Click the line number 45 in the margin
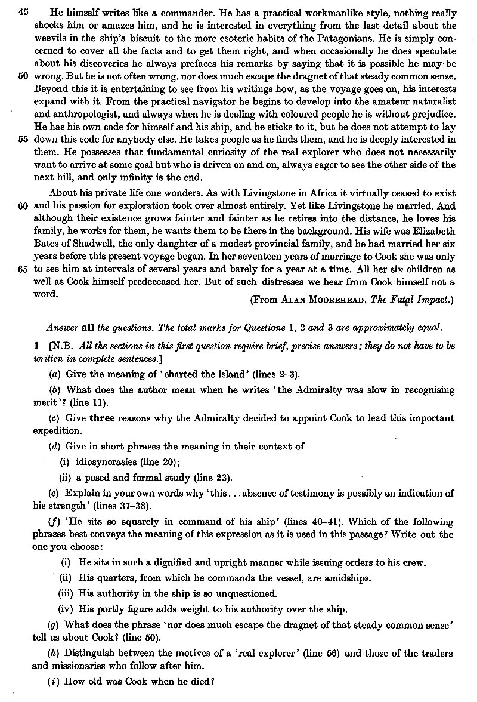[16, 13]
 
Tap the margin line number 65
[16, 270]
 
